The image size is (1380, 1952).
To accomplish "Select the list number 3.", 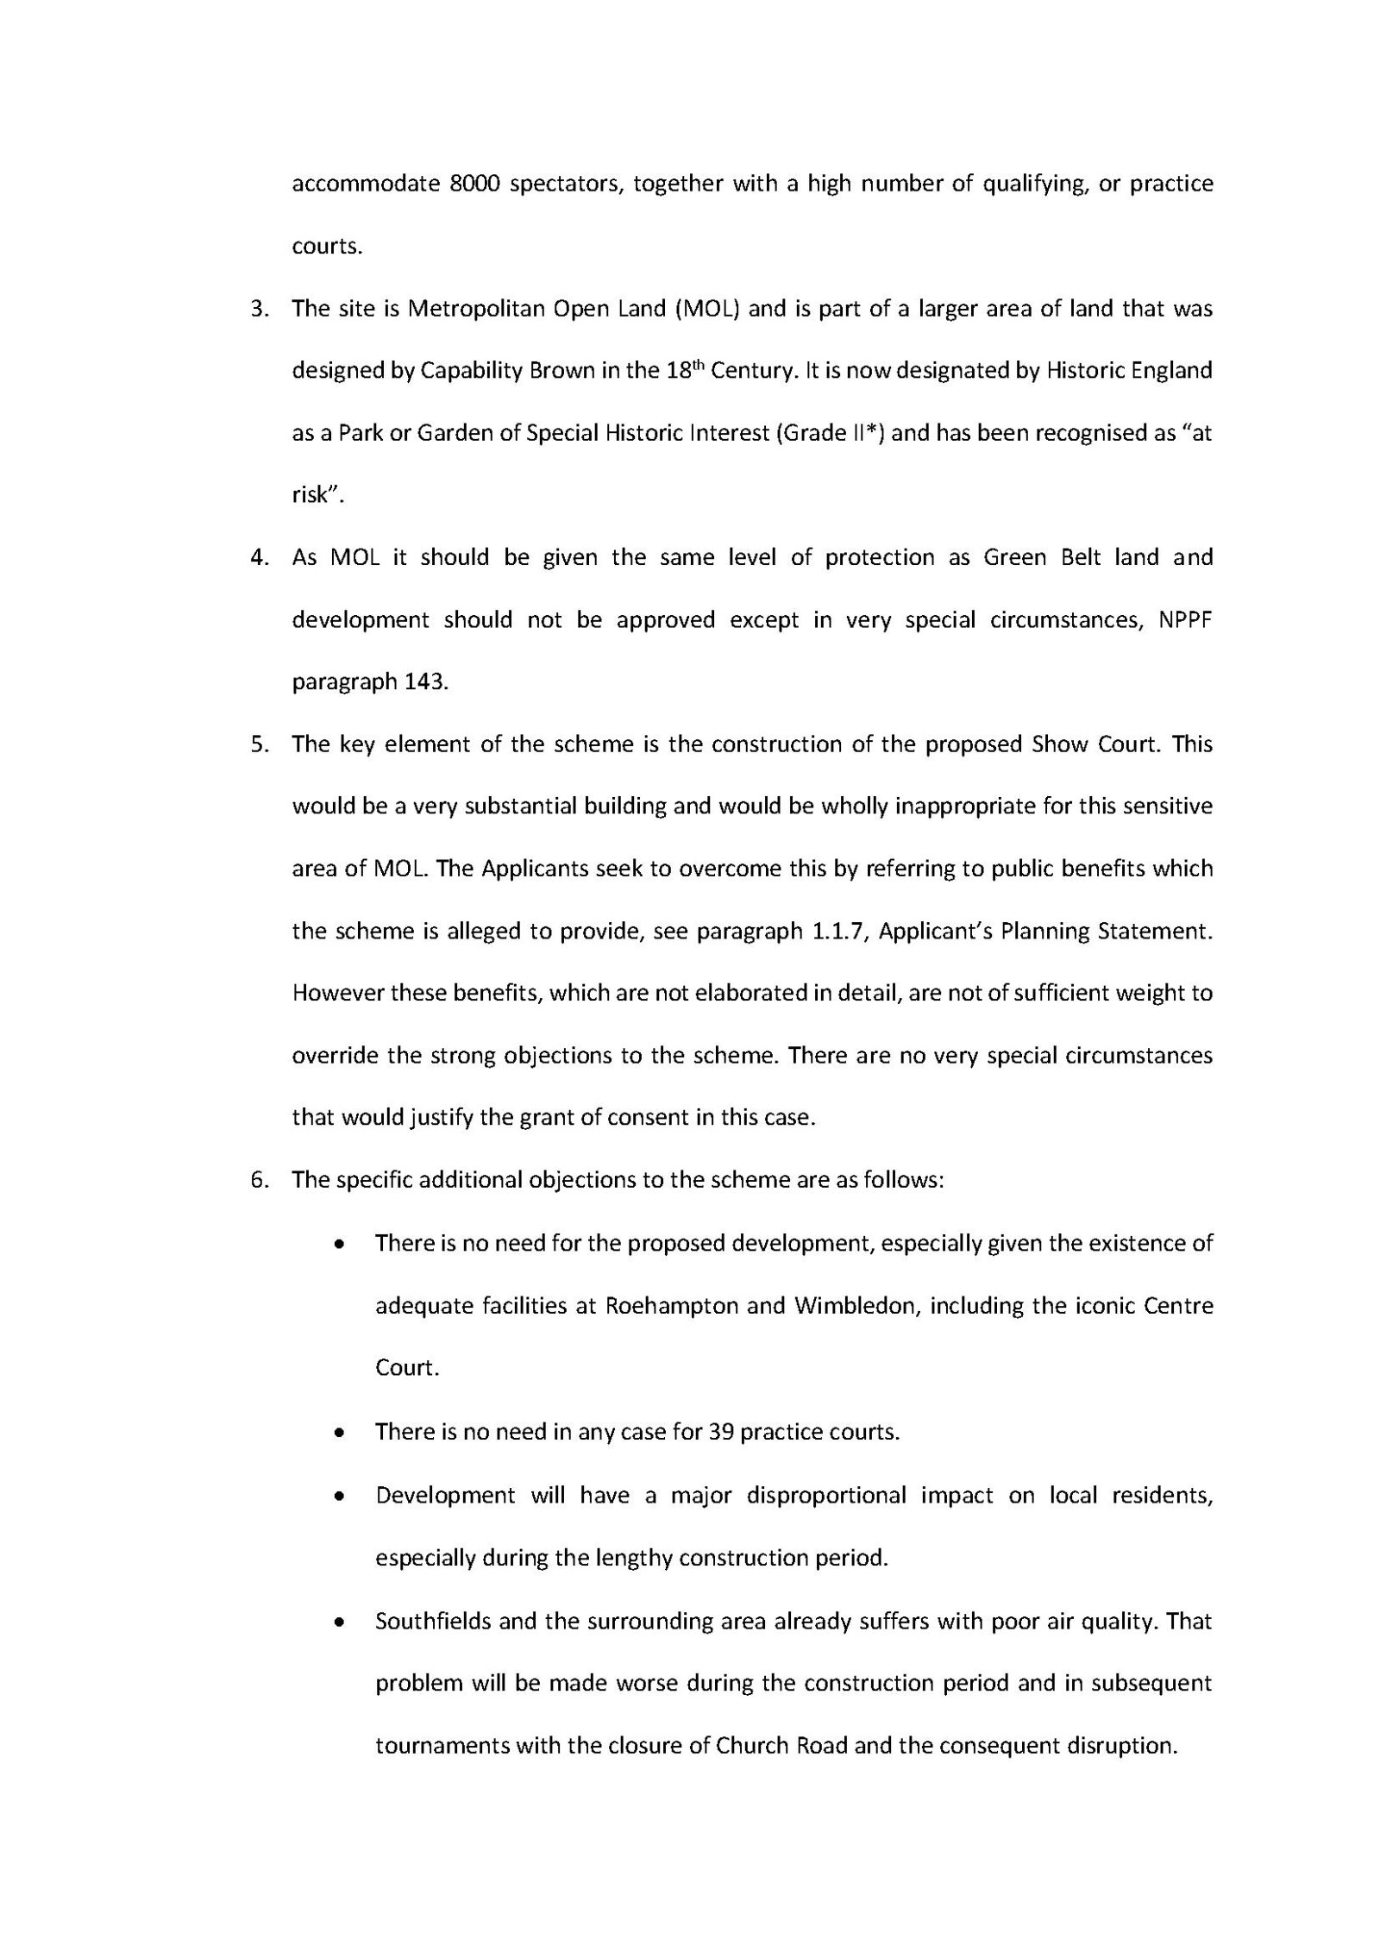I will pos(257,310).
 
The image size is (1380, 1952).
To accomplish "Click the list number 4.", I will pos(257,558).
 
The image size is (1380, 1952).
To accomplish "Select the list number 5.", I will pos(257,744).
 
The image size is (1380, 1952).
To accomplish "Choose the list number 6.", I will pos(257,1180).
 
